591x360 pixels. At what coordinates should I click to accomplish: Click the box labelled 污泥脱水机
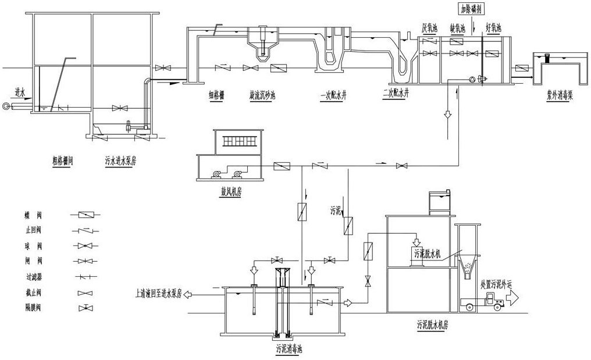pyautogui.click(x=428, y=253)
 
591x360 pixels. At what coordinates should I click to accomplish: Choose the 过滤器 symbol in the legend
pyautogui.click(x=85, y=276)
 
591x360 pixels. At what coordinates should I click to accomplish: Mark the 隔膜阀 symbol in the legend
pyautogui.click(x=85, y=306)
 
